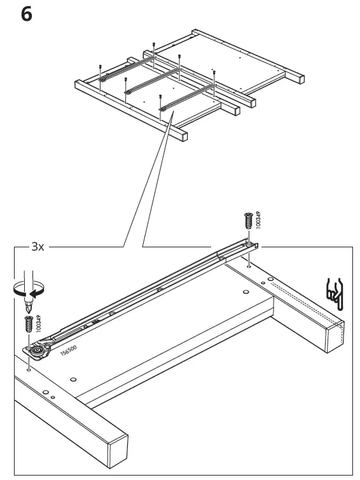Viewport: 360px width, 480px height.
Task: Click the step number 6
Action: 26,13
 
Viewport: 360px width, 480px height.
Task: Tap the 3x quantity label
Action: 38,246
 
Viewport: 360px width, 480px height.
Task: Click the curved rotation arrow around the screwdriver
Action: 25,289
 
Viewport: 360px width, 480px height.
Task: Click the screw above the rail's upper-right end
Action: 248,221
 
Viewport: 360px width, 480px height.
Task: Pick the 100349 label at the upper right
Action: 258,220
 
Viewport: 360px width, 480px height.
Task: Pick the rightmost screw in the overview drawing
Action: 214,74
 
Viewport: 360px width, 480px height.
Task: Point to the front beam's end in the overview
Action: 183,135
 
